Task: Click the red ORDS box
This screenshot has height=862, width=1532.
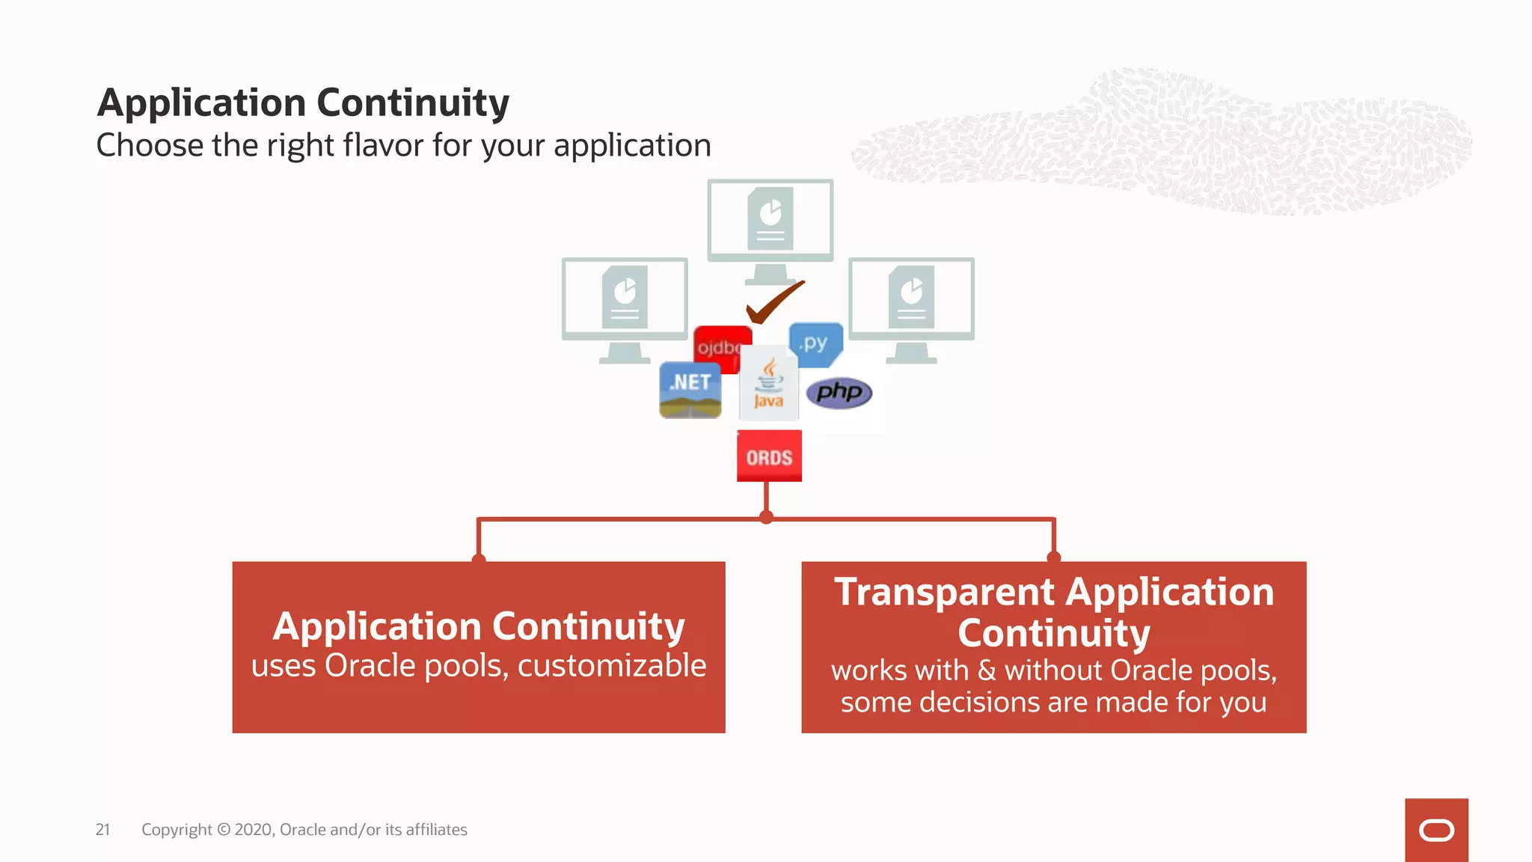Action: pyautogui.click(x=769, y=456)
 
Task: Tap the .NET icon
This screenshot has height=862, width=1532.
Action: pyautogui.click(x=690, y=390)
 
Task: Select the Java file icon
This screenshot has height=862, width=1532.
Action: pyautogui.click(x=768, y=384)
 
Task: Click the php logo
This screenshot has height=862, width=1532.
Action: pyautogui.click(x=839, y=392)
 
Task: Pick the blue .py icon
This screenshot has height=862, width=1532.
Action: pyautogui.click(x=816, y=344)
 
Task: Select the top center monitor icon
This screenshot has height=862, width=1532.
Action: pyautogui.click(x=770, y=221)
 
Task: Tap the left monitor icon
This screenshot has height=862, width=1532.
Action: pyautogui.click(x=625, y=299)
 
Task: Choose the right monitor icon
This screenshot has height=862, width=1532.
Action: pyautogui.click(x=911, y=299)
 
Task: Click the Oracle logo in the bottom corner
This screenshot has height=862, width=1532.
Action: pyautogui.click(x=1436, y=830)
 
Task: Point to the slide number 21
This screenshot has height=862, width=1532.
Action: pyautogui.click(x=102, y=829)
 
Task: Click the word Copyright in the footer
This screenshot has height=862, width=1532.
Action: pyautogui.click(x=177, y=829)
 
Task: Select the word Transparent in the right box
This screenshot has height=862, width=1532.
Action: pyautogui.click(x=945, y=592)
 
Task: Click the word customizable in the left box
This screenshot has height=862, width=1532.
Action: pyautogui.click(x=611, y=665)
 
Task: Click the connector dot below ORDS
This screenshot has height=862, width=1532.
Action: pyautogui.click(x=766, y=517)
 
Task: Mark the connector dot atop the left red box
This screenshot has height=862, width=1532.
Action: pyautogui.click(x=479, y=559)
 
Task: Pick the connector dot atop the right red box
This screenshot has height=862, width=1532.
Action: pyautogui.click(x=1054, y=557)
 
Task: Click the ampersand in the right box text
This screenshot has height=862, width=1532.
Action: pyautogui.click(x=987, y=670)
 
